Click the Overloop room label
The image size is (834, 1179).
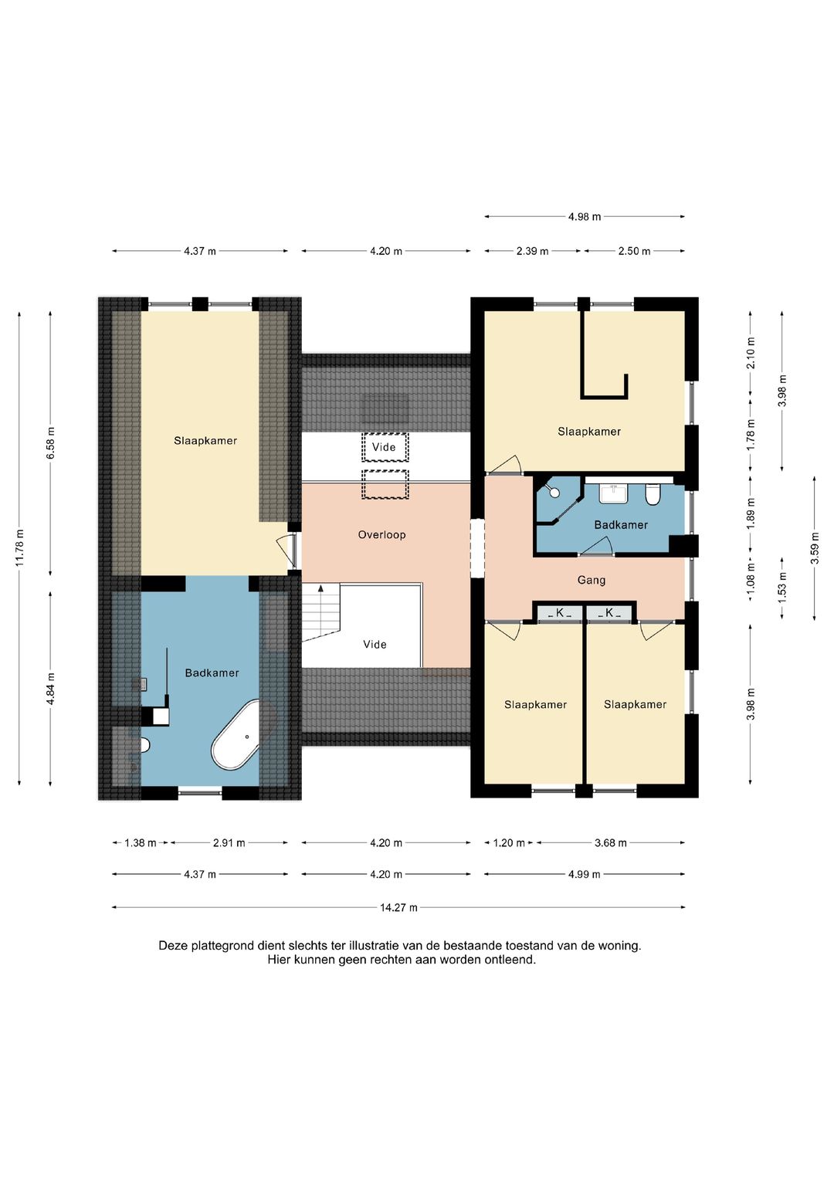click(x=381, y=535)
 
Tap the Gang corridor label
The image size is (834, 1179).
click(x=592, y=580)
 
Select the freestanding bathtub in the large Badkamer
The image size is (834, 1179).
click(x=238, y=735)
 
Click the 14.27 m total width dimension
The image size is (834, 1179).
click(x=398, y=907)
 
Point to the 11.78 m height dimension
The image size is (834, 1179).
click(x=20, y=547)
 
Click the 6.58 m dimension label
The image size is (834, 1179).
click(x=50, y=443)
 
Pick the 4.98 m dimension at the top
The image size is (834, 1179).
click(x=585, y=216)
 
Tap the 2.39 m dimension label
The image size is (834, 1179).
click(x=532, y=251)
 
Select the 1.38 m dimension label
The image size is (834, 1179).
click(x=140, y=842)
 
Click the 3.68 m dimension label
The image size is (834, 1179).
click(x=611, y=842)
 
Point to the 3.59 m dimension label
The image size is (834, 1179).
click(x=815, y=548)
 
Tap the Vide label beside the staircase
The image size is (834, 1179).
click(x=375, y=644)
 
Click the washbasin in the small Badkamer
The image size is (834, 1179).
click(x=613, y=493)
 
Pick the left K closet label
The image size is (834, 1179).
click(x=560, y=612)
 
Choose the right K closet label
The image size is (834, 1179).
click(x=609, y=612)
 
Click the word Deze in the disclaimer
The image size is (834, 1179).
click(x=173, y=945)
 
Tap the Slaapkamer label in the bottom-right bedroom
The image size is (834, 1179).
click(x=635, y=704)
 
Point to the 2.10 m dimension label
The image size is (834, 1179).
click(x=751, y=353)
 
